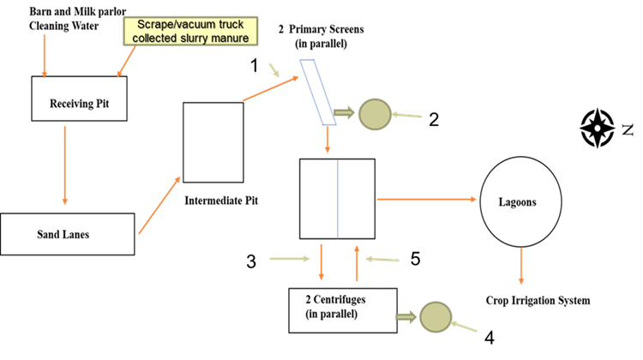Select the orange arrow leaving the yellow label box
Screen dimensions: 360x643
[126, 62]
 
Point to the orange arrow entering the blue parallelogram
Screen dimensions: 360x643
[270, 88]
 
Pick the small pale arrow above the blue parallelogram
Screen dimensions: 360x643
[274, 70]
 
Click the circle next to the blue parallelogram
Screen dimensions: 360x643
[375, 114]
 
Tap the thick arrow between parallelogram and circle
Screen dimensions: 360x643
[343, 112]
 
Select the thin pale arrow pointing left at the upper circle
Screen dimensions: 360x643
[407, 115]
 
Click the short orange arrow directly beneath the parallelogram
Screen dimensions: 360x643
[328, 140]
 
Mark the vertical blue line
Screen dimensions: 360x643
[337, 198]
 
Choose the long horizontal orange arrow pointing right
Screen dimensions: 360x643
[426, 199]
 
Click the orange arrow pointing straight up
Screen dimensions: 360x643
[357, 263]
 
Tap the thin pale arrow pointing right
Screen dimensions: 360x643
[290, 258]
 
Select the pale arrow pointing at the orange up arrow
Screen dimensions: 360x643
[382, 259]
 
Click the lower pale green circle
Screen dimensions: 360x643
[436, 317]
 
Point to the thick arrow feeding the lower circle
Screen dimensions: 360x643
[406, 316]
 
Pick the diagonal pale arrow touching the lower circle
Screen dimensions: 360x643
[464, 326]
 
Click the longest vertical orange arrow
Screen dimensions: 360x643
[64, 165]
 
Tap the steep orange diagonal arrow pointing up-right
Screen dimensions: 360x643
[159, 205]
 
